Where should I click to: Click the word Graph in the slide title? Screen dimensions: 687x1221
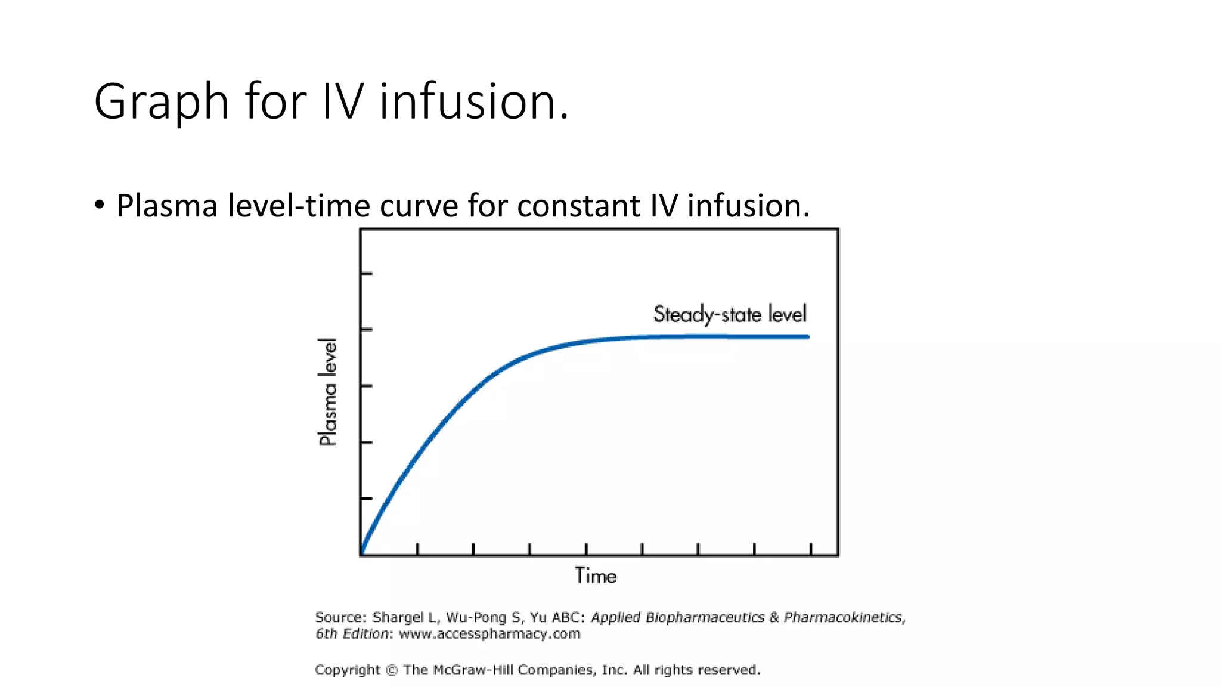pos(161,103)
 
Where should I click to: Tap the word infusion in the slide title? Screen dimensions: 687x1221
pos(473,101)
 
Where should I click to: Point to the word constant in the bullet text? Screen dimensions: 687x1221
pos(578,206)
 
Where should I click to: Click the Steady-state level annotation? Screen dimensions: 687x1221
pos(730,314)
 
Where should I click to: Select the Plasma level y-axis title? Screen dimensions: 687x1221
pos(328,392)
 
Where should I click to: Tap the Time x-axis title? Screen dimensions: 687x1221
pos(595,576)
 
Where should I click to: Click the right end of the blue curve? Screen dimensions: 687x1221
pos(807,337)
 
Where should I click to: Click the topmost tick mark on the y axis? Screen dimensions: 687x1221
pos(367,274)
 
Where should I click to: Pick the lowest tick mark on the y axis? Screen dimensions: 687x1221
pos(367,499)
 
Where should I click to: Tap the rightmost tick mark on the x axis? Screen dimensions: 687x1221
pos(811,549)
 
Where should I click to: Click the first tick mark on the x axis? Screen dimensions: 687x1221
pos(417,549)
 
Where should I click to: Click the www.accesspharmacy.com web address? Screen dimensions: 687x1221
pos(489,634)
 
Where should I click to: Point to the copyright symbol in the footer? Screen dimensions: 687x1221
pos(392,670)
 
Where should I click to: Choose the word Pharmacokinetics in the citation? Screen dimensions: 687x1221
pos(844,618)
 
